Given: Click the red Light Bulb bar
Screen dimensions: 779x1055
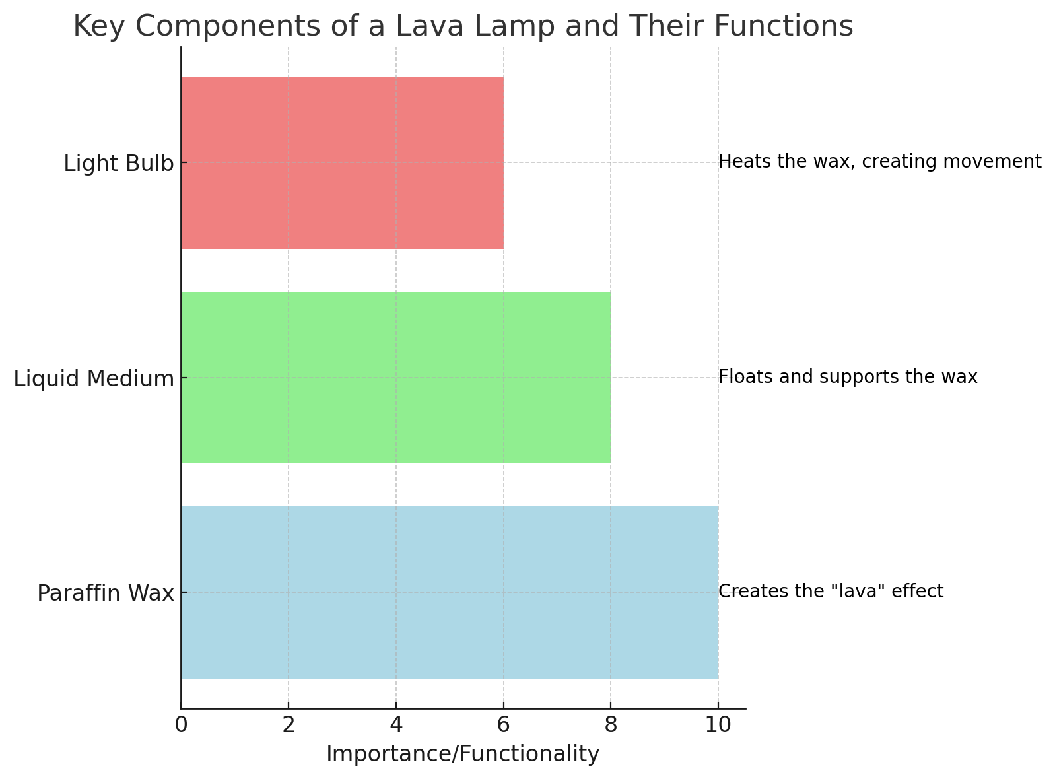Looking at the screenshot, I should (x=342, y=162).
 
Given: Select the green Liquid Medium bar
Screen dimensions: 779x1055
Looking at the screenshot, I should (x=395, y=378).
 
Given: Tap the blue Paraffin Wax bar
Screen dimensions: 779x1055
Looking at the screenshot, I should (x=449, y=592).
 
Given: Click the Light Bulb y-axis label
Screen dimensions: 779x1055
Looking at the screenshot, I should (x=119, y=164).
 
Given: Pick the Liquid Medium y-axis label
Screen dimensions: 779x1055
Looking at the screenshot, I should (x=94, y=379).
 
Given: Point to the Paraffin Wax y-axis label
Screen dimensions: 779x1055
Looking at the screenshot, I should (x=106, y=593).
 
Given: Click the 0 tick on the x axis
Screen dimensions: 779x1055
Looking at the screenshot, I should (x=181, y=725).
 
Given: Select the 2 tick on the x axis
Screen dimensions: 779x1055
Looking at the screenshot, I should (x=289, y=725).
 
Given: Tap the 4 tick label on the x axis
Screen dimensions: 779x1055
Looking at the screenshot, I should (x=396, y=725).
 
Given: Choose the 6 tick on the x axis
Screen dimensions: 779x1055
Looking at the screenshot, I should (x=504, y=725).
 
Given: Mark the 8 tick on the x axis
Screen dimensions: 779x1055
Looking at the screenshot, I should (x=611, y=725).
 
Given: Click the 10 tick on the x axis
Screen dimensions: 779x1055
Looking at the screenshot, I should (x=718, y=725).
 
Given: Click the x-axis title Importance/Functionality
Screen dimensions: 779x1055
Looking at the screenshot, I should (x=463, y=754).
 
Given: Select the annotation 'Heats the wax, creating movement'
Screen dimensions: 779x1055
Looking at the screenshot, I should (x=879, y=162).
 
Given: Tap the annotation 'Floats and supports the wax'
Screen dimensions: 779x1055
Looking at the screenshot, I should (x=848, y=377).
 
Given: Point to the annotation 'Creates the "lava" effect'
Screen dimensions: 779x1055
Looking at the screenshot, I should (x=831, y=592).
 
